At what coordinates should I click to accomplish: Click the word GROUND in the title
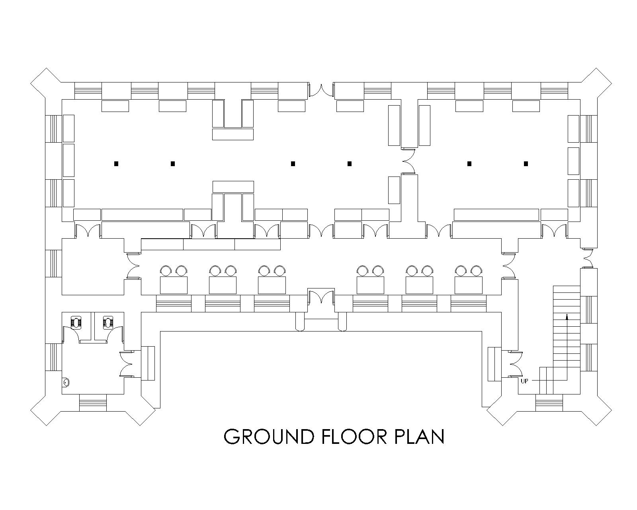pos(269,437)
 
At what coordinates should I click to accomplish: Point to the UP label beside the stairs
pos(524,381)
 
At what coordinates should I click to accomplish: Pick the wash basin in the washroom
pos(66,382)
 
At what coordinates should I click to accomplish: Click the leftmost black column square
pos(116,164)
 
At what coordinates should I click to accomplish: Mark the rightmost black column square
pos(526,164)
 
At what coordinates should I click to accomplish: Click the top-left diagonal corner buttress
pos(46,83)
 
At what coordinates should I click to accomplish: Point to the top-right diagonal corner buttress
pos(596,83)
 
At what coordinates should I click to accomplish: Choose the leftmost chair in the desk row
pos(166,271)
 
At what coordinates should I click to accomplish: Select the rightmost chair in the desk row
pos(476,271)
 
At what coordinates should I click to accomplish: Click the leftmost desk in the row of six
pos(174,285)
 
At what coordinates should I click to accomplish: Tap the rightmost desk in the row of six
pos(469,285)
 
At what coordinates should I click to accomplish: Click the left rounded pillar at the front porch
pos(300,322)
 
